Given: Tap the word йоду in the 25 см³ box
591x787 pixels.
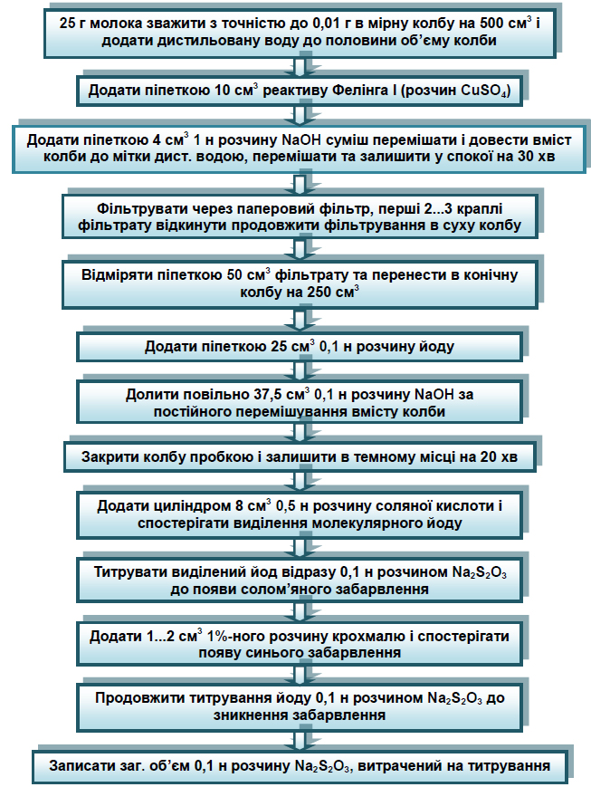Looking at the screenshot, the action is (436, 346).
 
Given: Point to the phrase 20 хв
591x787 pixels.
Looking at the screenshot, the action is (499, 457).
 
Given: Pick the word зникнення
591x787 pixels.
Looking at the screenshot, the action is (252, 715).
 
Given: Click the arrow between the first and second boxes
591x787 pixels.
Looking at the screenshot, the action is (300, 66).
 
